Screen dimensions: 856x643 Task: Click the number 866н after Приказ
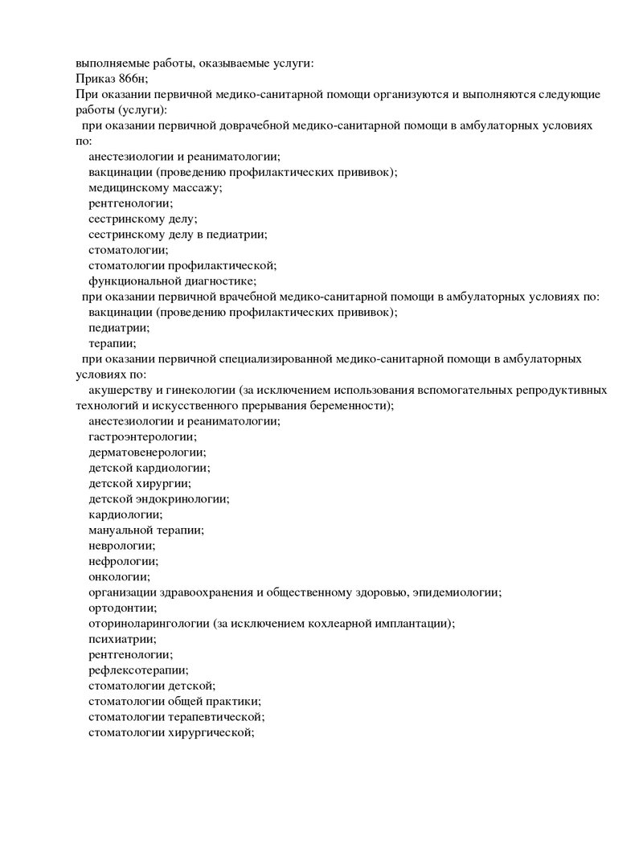point(133,79)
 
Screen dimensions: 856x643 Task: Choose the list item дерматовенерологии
point(146,452)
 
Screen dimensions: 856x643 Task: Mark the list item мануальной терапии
point(145,530)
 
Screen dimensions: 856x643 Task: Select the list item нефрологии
point(122,561)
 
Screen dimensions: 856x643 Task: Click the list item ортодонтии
point(121,608)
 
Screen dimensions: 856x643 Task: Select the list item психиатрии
point(122,639)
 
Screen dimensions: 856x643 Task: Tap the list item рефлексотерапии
point(138,670)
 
